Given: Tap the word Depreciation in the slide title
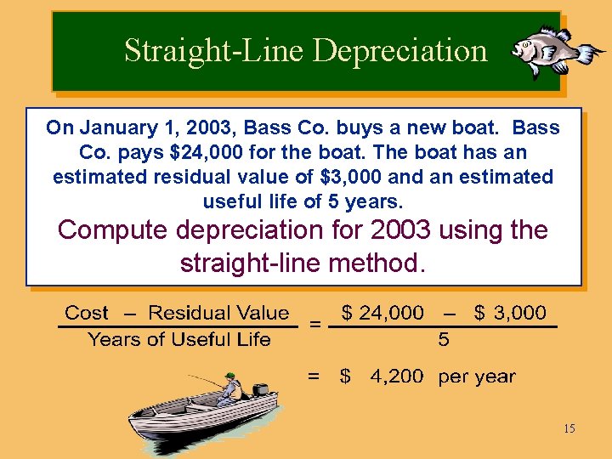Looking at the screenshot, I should [400, 51].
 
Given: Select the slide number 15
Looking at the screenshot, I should [569, 428].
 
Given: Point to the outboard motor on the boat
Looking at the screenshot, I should [259, 392].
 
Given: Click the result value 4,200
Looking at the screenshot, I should [396, 377].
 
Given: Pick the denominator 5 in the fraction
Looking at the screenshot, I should [444, 341].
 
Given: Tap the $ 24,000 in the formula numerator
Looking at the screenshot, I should [382, 312].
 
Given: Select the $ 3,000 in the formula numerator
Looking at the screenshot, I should [509, 312].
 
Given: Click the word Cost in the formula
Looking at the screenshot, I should [87, 313].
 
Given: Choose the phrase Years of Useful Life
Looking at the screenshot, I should [178, 340].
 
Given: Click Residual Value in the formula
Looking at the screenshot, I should [218, 313].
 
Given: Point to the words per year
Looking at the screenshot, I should [476, 377].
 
